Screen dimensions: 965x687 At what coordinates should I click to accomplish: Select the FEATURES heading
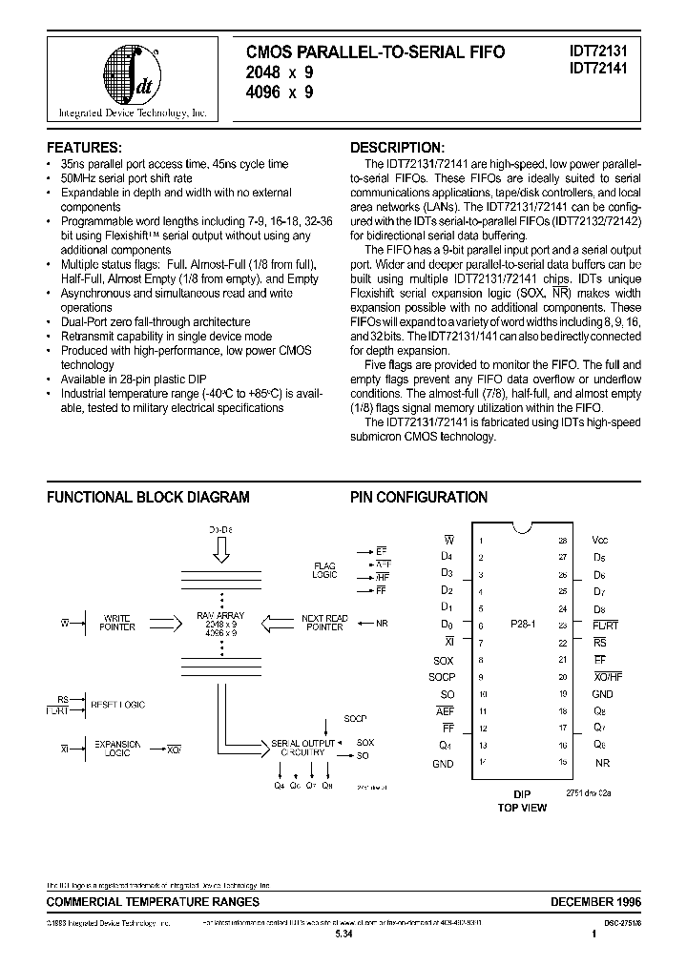pos(85,148)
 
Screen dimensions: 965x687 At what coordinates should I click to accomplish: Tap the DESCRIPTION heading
pos(396,148)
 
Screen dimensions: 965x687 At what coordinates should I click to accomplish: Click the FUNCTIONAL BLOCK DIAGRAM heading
pos(148,497)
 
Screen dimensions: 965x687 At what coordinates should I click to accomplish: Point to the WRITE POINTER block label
pos(117,623)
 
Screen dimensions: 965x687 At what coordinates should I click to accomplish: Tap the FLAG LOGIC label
pos(324,570)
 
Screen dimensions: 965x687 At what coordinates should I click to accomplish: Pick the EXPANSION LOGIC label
pos(117,749)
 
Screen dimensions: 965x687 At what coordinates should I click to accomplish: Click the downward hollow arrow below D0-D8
pos(220,550)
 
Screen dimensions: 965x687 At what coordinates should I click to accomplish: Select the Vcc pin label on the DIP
pos(599,540)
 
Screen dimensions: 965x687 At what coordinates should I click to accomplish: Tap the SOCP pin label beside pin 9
pos(441,678)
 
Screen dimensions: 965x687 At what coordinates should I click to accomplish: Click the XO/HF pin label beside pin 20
pos(606,678)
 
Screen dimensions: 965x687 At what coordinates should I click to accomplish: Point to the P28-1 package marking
pos(521,626)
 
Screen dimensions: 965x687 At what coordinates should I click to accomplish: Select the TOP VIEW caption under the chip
pos(521,807)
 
